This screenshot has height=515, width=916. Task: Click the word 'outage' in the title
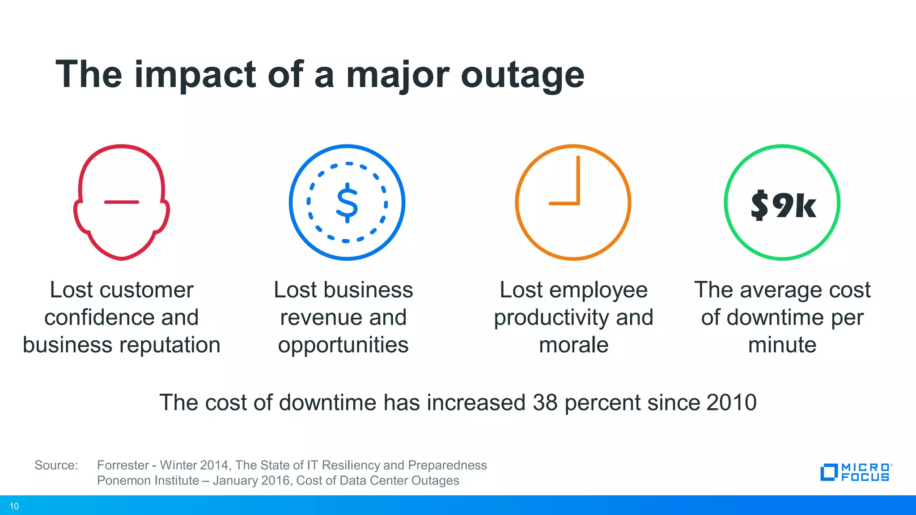pyautogui.click(x=522, y=75)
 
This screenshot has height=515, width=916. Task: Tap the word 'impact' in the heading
pyautogui.click(x=195, y=75)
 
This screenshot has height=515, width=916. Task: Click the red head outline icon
pyautogui.click(x=122, y=202)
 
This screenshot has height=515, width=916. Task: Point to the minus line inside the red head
pyautogui.click(x=122, y=202)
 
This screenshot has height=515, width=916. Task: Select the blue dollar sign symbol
pyautogui.click(x=347, y=203)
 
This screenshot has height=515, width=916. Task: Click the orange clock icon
pyautogui.click(x=573, y=202)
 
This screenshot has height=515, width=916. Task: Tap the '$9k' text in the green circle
pyautogui.click(x=783, y=205)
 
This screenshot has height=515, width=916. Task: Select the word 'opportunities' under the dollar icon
pyautogui.click(x=343, y=345)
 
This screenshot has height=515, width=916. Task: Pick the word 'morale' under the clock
pyautogui.click(x=573, y=345)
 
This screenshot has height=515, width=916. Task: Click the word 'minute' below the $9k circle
pyautogui.click(x=782, y=345)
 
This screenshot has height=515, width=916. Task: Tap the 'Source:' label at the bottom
pyautogui.click(x=56, y=465)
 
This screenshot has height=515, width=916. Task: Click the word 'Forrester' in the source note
pyautogui.click(x=123, y=465)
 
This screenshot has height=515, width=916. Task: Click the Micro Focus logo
pyautogui.click(x=855, y=472)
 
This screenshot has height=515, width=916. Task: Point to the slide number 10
pyautogui.click(x=14, y=506)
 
